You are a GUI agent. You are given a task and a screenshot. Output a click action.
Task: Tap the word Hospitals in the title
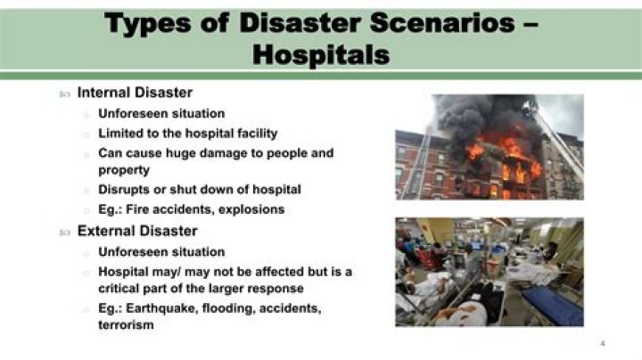point(321,54)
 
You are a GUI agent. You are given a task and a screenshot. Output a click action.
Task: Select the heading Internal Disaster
point(135,93)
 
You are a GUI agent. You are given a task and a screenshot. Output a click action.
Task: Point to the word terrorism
point(127,325)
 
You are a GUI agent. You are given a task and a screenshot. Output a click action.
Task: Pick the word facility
point(252,133)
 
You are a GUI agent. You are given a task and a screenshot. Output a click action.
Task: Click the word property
point(124,169)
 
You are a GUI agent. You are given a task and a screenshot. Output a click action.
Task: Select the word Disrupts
point(125,190)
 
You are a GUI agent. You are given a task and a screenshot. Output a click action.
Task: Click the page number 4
point(603,342)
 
